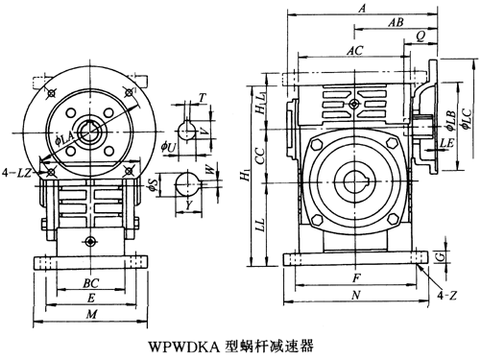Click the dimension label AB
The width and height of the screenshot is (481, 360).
[x=397, y=22]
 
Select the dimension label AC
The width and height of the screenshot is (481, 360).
[x=355, y=50]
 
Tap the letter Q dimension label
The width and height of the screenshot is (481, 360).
[x=421, y=36]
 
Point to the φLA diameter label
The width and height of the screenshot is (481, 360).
[x=64, y=140]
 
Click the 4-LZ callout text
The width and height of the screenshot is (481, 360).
[x=16, y=173]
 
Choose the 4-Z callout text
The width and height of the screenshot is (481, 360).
[x=447, y=296]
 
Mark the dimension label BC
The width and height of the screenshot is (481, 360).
[x=91, y=283]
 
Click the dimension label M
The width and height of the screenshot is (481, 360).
[x=91, y=314]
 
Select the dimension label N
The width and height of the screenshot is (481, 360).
[x=356, y=295]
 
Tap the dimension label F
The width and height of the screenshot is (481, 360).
[x=356, y=277]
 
